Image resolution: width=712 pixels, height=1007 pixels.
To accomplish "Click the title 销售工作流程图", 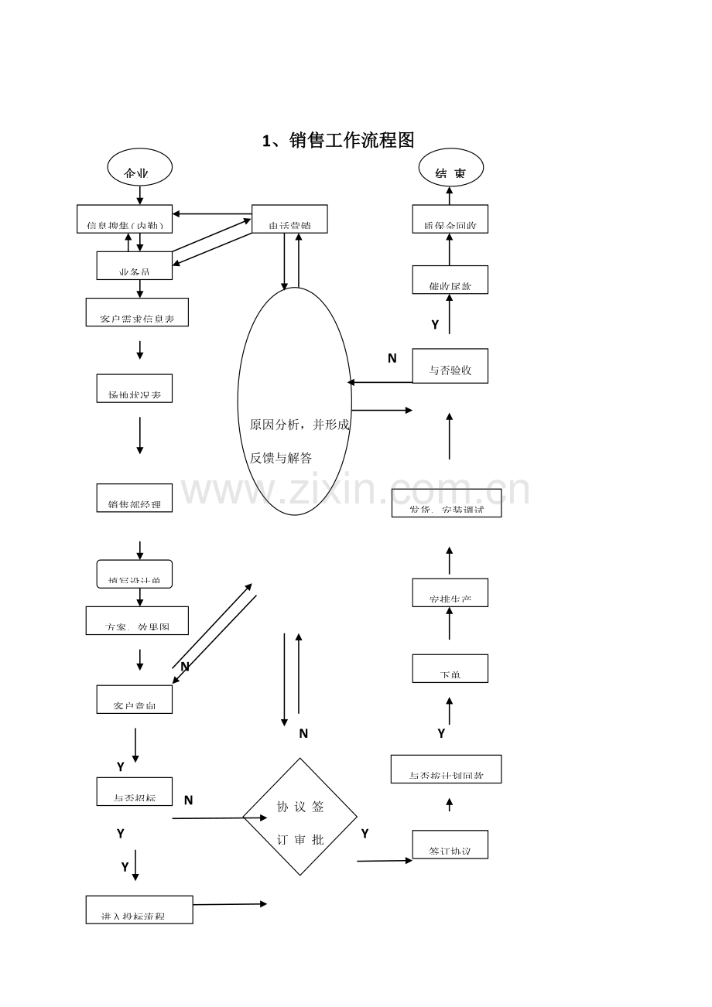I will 339,140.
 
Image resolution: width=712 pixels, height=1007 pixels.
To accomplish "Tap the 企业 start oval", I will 139,168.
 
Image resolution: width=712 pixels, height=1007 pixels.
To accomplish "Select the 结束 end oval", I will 450,168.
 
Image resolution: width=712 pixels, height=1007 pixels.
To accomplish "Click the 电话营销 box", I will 289,219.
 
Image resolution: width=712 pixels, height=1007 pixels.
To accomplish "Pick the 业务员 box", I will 135,265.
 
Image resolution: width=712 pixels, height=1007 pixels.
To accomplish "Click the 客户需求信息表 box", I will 137,312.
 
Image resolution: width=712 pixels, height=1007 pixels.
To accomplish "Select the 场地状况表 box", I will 135,388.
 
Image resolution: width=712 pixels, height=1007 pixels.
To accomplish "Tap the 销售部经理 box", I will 135,498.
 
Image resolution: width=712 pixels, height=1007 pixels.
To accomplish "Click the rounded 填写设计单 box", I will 135,574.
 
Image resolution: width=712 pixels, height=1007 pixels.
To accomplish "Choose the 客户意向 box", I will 135,699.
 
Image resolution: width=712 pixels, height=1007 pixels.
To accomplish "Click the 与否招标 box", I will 135,791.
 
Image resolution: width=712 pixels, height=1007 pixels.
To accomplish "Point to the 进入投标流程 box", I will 139,910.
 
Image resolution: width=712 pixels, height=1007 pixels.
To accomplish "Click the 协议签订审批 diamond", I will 300,817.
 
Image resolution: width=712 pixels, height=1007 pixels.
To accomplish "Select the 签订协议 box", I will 450,845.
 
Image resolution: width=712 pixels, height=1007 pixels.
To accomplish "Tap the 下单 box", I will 450,668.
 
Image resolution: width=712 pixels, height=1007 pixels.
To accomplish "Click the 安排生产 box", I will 450,592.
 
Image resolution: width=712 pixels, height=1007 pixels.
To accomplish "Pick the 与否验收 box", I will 450,366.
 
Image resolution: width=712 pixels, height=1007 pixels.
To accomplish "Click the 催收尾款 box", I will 450,279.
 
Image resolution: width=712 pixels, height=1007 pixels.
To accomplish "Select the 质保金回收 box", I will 450,219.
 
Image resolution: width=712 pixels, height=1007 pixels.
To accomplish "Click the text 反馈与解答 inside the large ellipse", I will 281,458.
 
